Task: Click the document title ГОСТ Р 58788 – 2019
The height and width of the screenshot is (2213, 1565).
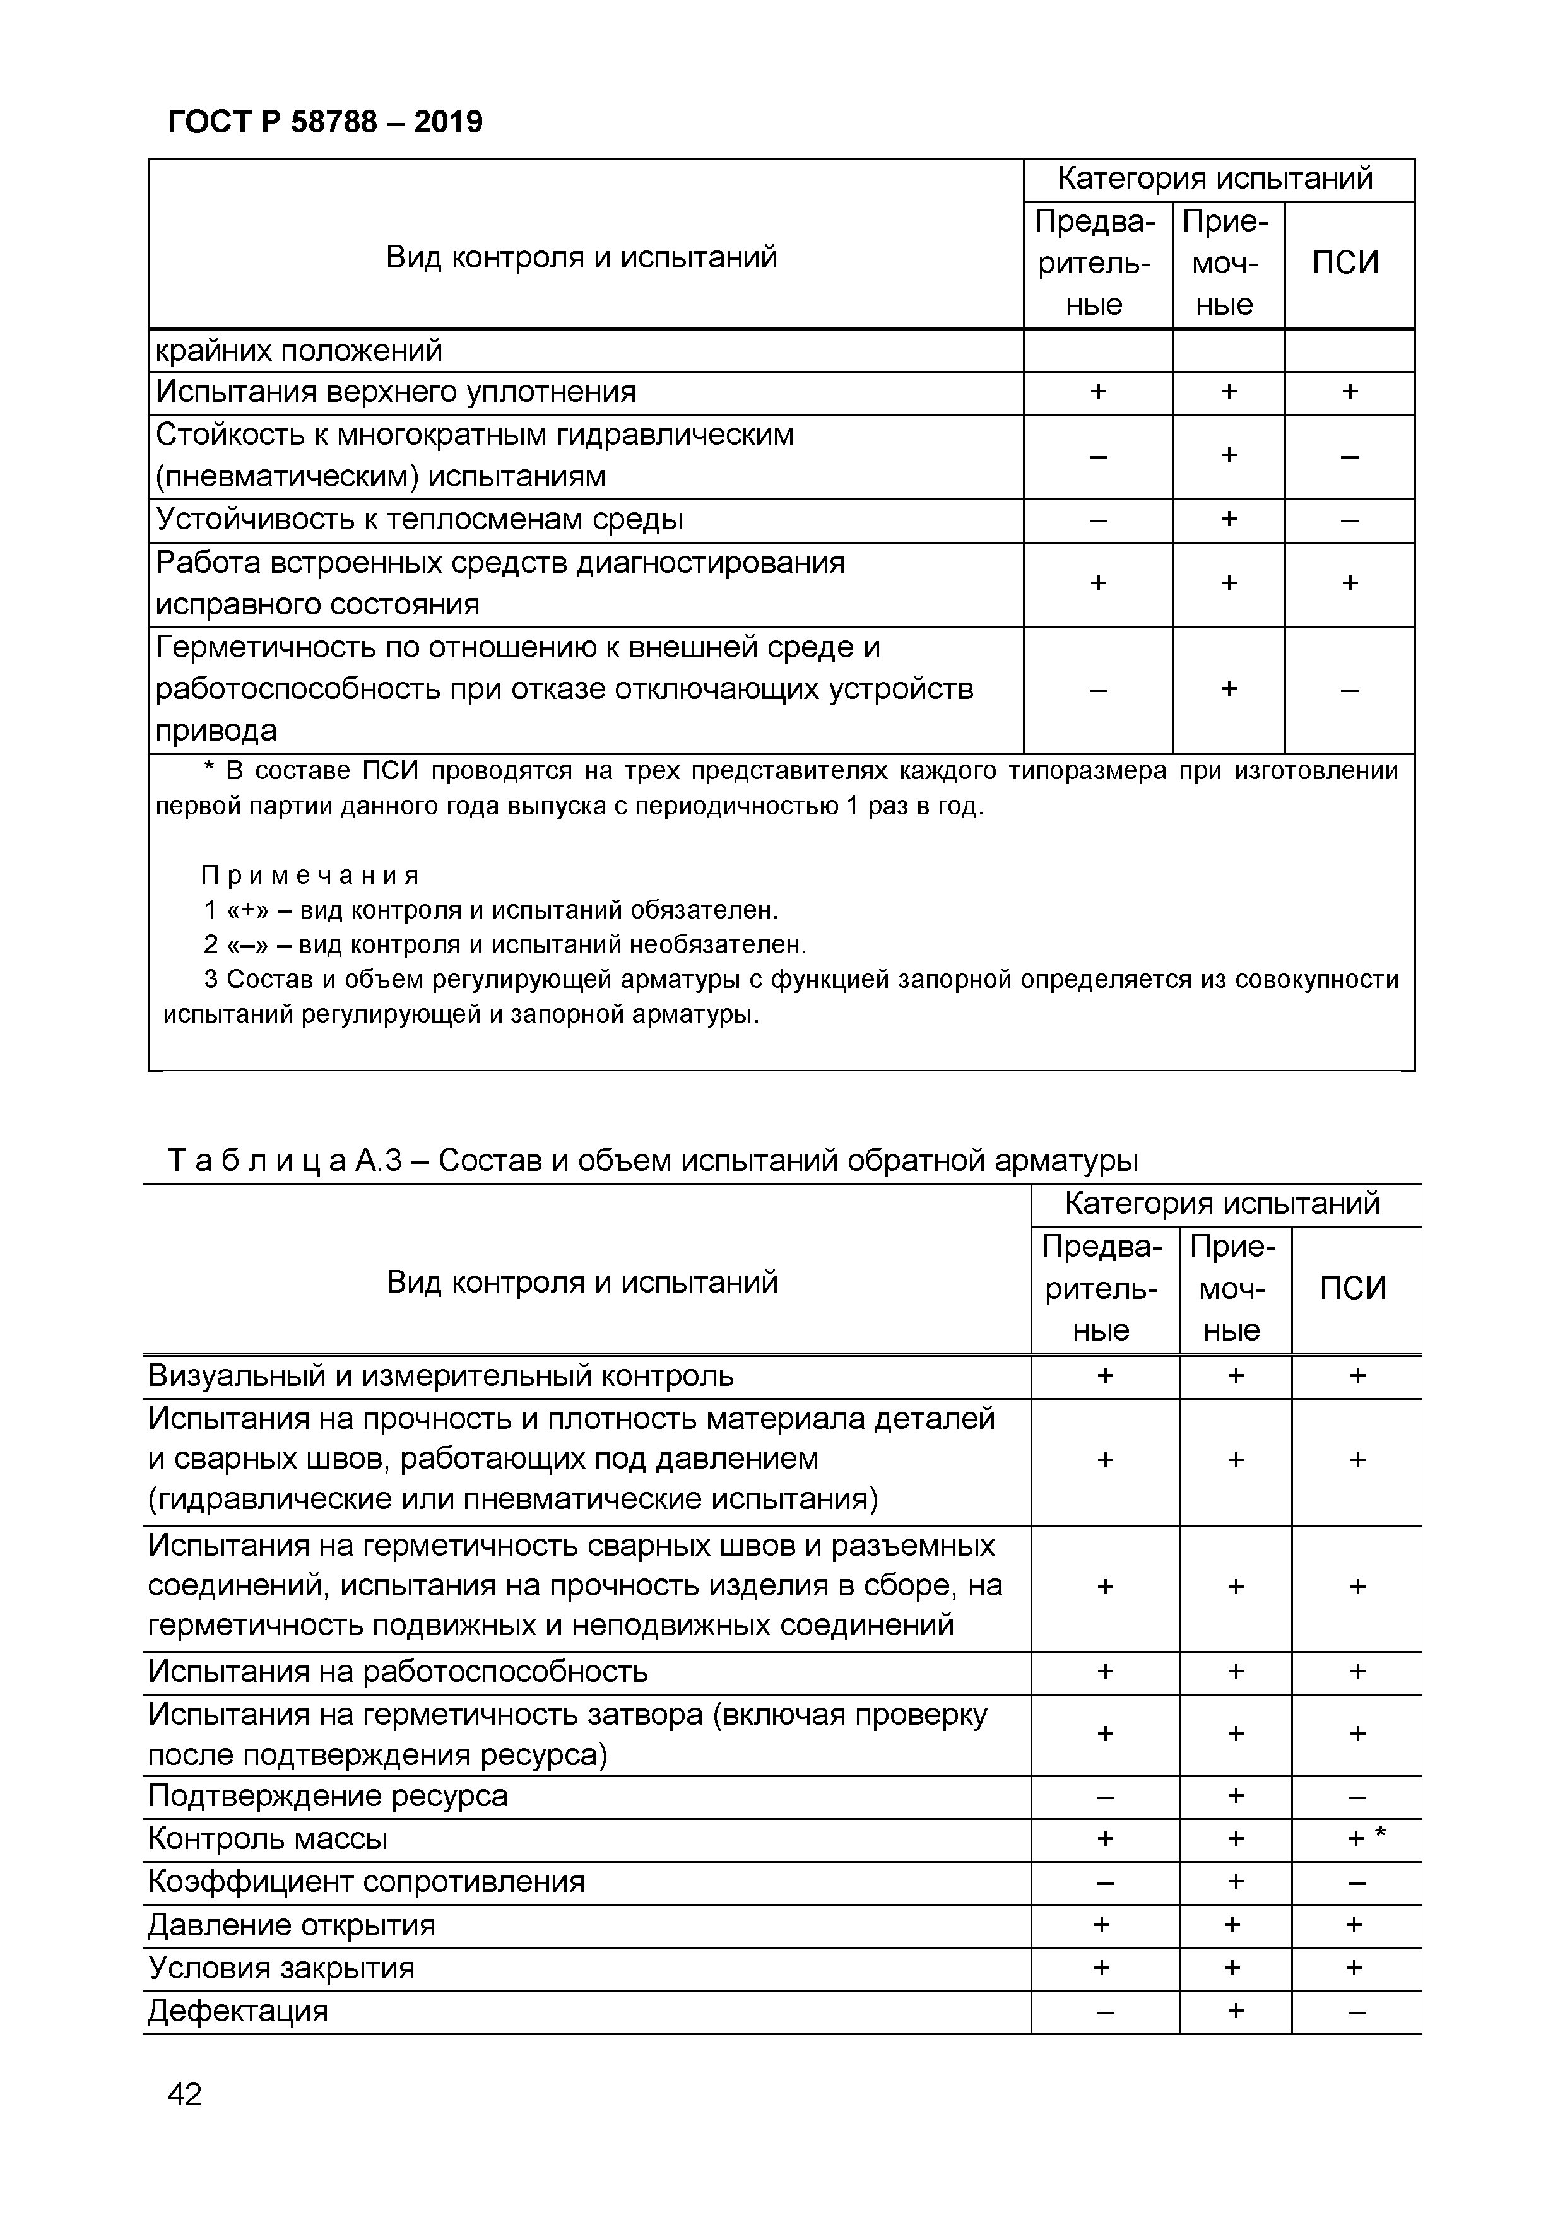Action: [x=325, y=122]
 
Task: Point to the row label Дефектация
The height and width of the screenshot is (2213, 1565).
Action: [x=237, y=2012]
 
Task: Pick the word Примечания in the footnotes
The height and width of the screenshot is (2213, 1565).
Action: [x=310, y=875]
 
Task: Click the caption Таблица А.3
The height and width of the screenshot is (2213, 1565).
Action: [x=652, y=1161]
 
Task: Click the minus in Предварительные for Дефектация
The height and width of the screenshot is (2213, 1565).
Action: [x=1104, y=2012]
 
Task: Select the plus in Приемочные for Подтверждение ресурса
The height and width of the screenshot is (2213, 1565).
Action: [x=1234, y=1795]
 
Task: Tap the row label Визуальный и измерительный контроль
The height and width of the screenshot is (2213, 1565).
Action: [x=440, y=1375]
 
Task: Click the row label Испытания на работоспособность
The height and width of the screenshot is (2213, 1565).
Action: [x=398, y=1670]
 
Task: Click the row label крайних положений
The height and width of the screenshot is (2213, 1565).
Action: [x=299, y=351]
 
